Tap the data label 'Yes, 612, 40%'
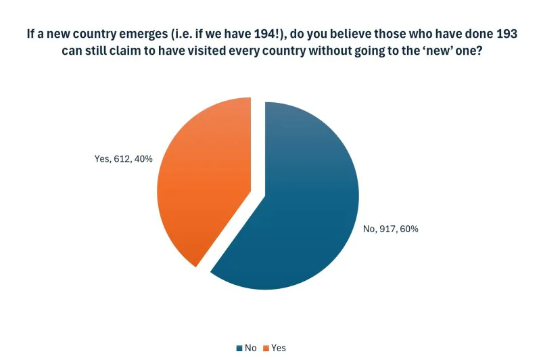click(x=123, y=159)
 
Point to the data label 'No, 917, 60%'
click(x=391, y=229)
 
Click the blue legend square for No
click(x=239, y=348)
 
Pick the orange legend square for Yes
click(x=266, y=348)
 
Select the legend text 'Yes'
click(x=278, y=348)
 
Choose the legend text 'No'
click(x=250, y=348)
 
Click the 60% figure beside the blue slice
click(x=410, y=229)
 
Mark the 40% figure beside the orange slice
click(x=143, y=159)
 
